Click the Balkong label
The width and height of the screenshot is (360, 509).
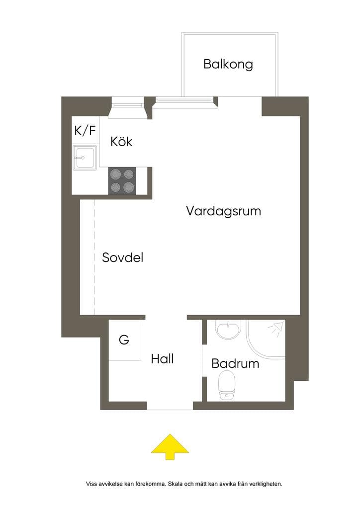pos(228,64)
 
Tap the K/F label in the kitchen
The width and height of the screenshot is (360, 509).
pos(85,131)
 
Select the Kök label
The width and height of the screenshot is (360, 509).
pos(121,141)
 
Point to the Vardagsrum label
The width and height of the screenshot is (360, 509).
pos(223,211)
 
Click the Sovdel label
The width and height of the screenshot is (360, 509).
pos(122,257)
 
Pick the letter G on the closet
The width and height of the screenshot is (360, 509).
pos(124,340)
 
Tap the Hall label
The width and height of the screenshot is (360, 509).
pos(162,359)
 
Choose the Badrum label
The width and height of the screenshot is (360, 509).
pos(235,363)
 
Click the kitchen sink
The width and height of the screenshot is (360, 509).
pos(85,158)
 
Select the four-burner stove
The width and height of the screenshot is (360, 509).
pos(122,181)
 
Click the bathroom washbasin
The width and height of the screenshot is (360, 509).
pos(229,330)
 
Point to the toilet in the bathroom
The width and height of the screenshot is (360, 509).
pos(227,385)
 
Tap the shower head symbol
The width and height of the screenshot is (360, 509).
pos(276,329)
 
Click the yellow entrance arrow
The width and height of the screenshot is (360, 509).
pos(170,447)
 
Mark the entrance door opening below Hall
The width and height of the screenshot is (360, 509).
pos(170,406)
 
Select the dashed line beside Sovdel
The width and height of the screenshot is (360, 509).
pos(95,257)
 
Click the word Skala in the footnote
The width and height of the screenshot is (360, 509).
pos(176,484)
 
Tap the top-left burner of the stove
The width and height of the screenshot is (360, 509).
pos(116,174)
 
